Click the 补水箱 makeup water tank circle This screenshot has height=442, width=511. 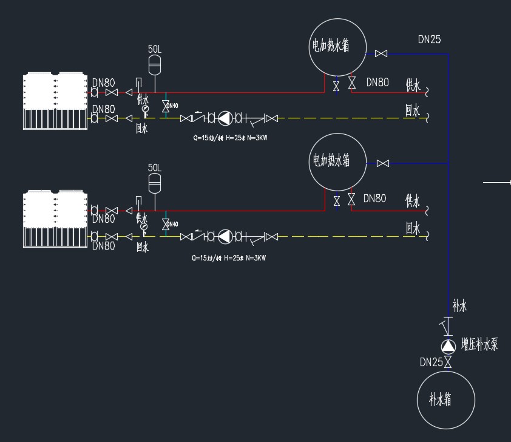tap(446, 400)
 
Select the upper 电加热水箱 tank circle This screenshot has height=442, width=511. tap(337, 47)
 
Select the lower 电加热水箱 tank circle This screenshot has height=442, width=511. tap(338, 161)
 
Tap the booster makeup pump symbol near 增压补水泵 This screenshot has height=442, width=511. tap(448, 346)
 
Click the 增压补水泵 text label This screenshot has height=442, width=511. tap(479, 344)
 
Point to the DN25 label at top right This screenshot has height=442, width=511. tap(430, 39)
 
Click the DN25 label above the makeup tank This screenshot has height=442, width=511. tap(431, 362)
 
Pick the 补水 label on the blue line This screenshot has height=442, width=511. tap(459, 306)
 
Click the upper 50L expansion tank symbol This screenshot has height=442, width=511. tap(155, 63)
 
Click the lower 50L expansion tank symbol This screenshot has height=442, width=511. tap(155, 180)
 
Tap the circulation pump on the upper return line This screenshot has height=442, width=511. tap(225, 118)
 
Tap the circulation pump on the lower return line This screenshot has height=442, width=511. tap(225, 236)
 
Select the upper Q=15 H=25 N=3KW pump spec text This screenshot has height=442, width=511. tap(230, 138)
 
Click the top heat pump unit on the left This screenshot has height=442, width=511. tap(55, 101)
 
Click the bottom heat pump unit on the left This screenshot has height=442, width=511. tap(55, 219)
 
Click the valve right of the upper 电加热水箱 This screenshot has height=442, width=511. tap(381, 54)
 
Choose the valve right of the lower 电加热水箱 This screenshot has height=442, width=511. tap(383, 163)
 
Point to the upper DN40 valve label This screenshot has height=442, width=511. tap(172, 106)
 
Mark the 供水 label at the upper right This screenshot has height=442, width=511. tap(413, 84)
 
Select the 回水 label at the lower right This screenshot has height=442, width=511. tap(413, 228)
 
